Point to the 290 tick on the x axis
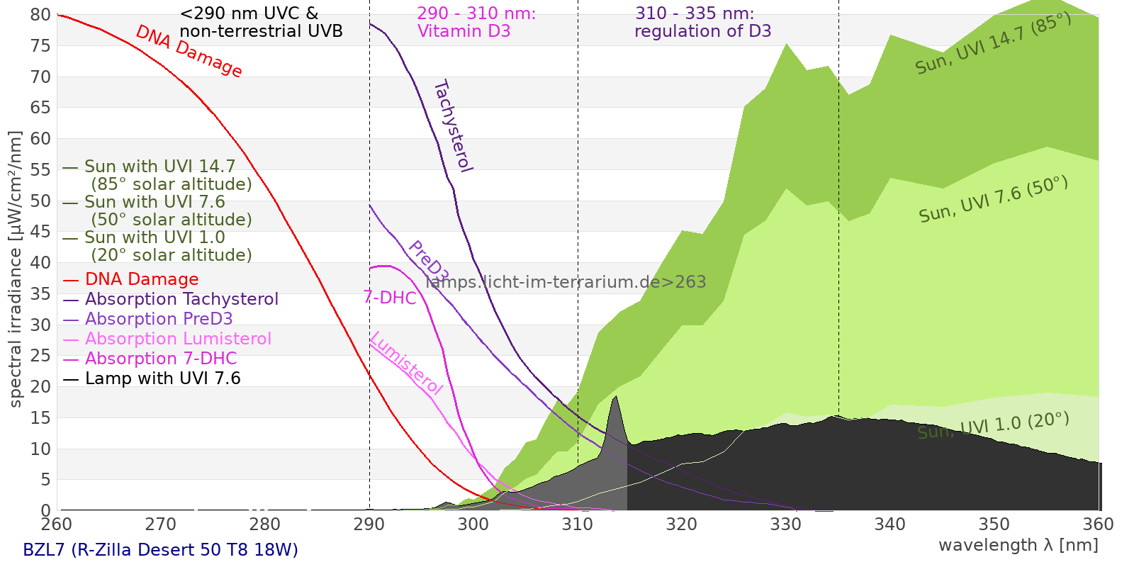pyautogui.click(x=369, y=524)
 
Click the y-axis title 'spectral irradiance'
pyautogui.click(x=16, y=269)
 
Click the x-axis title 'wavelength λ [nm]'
pyautogui.click(x=1018, y=545)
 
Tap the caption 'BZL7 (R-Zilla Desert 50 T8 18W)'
pyautogui.click(x=160, y=550)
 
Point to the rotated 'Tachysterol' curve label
pyautogui.click(x=453, y=126)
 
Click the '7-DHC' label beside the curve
pyautogui.click(x=390, y=298)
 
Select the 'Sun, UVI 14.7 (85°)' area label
pyautogui.click(x=993, y=43)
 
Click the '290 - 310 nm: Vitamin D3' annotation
pyautogui.click(x=476, y=22)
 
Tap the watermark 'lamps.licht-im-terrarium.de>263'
pyautogui.click(x=566, y=282)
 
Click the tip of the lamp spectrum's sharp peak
pyautogui.click(x=615, y=397)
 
